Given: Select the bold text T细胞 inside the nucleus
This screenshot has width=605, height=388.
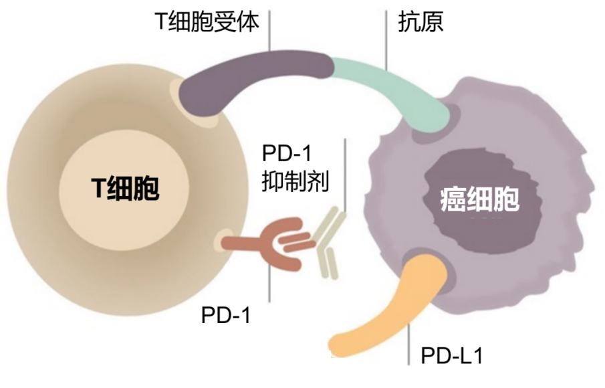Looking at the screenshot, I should [126, 189].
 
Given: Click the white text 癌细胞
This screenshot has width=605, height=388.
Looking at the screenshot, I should [480, 199].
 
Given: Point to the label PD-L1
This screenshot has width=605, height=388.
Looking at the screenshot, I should [452, 355].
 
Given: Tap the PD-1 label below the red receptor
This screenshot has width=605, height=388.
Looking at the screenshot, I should [226, 315].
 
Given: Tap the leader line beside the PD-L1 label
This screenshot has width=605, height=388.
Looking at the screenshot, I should [409, 345].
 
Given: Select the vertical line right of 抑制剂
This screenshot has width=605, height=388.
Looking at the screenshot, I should [346, 174].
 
